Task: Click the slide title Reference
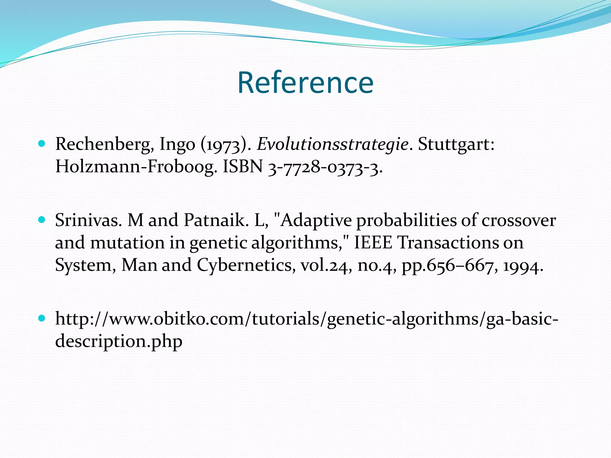pos(305,83)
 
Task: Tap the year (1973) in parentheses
pos(224,145)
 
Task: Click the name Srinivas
pos(88,220)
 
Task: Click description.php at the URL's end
pos(119,341)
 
